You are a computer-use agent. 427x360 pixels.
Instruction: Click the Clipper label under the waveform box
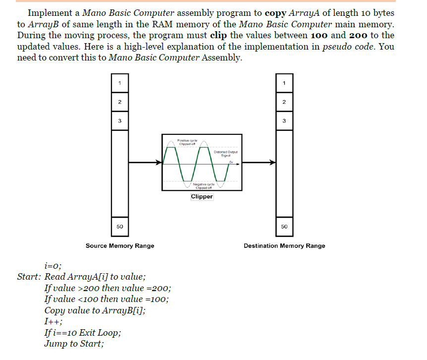click(202, 197)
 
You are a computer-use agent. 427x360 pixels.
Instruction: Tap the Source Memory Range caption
click(120, 245)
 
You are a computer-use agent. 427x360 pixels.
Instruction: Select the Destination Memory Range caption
click(284, 245)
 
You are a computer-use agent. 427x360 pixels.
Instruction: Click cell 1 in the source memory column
click(120, 82)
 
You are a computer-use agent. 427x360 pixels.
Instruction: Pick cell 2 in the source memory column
click(120, 102)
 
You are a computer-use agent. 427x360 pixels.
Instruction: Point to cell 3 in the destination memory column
click(284, 120)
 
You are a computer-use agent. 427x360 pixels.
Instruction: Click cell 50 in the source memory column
click(120, 226)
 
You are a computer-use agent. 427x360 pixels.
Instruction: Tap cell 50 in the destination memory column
click(284, 226)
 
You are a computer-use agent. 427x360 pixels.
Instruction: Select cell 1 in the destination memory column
click(284, 82)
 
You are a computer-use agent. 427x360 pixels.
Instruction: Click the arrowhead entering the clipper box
click(159, 162)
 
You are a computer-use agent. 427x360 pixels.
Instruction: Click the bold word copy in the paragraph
click(276, 13)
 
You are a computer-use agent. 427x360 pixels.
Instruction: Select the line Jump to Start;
click(74, 344)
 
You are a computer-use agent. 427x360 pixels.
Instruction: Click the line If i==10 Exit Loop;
click(82, 333)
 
